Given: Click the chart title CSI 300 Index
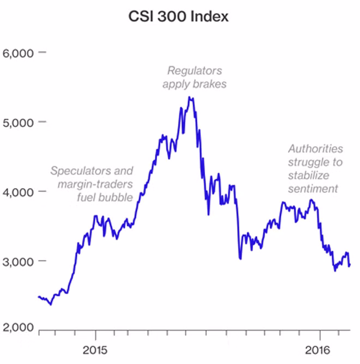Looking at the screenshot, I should coord(178,17).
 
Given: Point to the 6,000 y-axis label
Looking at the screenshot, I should coord(19,53).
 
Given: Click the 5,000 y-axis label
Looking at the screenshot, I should coord(19,122).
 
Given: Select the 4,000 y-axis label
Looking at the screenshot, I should coord(19,192).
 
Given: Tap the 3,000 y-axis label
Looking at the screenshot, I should coord(19,261).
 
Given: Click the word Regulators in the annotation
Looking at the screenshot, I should coord(194,71).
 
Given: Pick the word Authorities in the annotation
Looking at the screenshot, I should coord(316,148).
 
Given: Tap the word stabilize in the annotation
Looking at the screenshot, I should coord(309,175).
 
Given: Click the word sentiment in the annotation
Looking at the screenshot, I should coord(314,189).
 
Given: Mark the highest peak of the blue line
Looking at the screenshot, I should coord(189,98).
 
